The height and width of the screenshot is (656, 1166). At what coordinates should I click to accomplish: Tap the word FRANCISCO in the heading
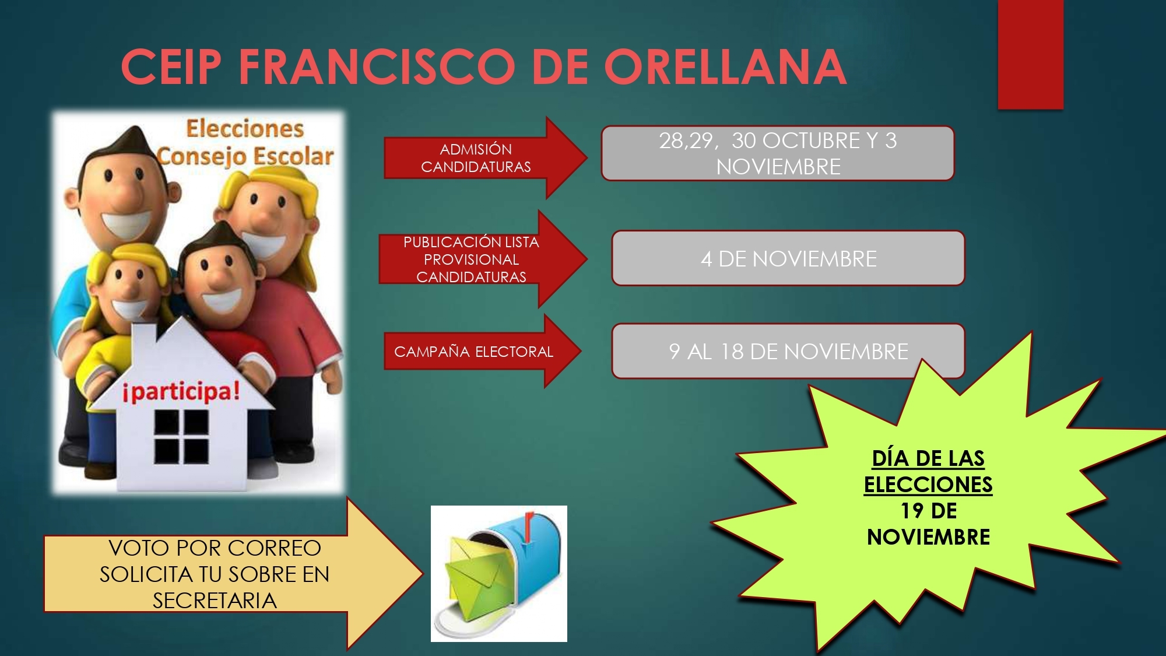pyautogui.click(x=377, y=66)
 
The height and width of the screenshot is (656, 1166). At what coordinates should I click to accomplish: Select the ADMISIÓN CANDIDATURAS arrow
pyautogui.click(x=486, y=157)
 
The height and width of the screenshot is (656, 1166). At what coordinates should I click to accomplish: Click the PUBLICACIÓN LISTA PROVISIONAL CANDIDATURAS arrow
pyautogui.click(x=483, y=259)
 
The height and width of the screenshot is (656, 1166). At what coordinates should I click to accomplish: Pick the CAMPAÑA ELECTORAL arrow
pyautogui.click(x=483, y=351)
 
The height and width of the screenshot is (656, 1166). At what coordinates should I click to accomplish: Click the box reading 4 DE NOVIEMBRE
pyautogui.click(x=788, y=258)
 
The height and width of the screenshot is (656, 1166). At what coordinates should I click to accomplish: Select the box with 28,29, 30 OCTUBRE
pyautogui.click(x=778, y=153)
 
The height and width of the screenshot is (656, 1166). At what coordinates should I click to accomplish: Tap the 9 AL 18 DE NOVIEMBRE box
pyautogui.click(x=788, y=351)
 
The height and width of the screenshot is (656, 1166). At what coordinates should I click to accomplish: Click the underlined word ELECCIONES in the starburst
pyautogui.click(x=928, y=485)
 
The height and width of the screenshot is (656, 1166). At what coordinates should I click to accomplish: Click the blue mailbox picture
pyautogui.click(x=499, y=574)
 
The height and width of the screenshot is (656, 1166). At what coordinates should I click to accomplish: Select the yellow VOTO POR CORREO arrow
pyautogui.click(x=233, y=574)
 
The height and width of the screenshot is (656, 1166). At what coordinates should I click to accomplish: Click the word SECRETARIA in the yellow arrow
pyautogui.click(x=215, y=601)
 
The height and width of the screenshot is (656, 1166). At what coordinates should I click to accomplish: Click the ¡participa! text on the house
pyautogui.click(x=181, y=391)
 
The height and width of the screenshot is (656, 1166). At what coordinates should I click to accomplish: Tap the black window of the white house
pyautogui.click(x=181, y=437)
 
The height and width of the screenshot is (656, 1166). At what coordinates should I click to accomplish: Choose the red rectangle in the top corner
pyautogui.click(x=1031, y=54)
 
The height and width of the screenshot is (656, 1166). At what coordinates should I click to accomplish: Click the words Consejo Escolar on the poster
pyautogui.click(x=245, y=156)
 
